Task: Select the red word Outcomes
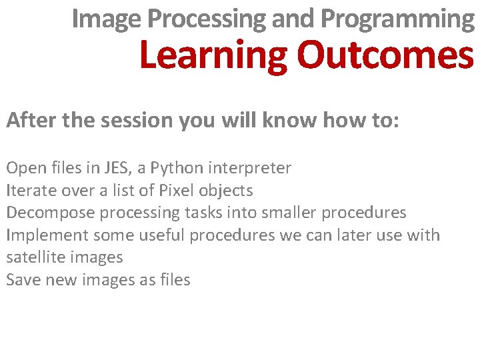coord(385,56)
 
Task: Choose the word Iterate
coord(30,191)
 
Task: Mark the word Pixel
coord(175,191)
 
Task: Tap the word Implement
coord(47,235)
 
